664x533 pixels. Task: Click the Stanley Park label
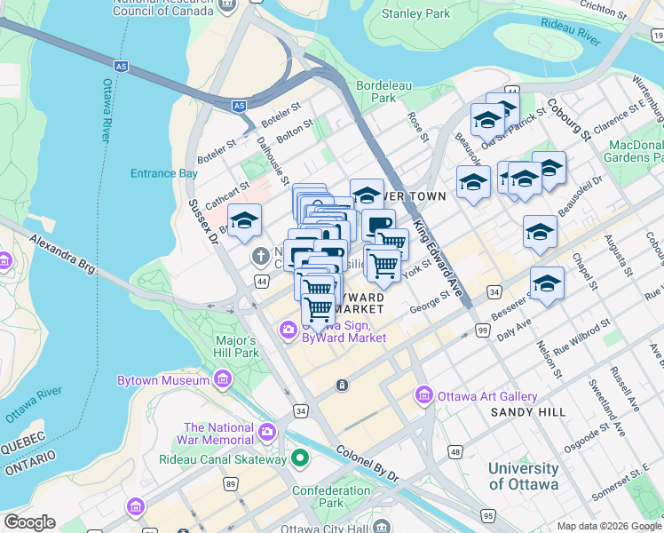point(415,14)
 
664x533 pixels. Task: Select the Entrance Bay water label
point(164,173)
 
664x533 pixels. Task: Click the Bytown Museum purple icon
point(222,380)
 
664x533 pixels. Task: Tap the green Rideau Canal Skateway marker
point(300,459)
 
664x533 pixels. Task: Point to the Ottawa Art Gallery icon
point(423,395)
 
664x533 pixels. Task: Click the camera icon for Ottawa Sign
point(288,331)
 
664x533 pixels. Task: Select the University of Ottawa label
point(523,476)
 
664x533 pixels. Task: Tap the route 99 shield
point(483,330)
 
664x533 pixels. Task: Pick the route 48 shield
point(455,452)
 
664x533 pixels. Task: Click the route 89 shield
point(231,483)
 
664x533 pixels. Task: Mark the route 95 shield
point(487,514)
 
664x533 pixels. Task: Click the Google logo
point(29,522)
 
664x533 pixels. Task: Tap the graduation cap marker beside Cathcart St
point(244,221)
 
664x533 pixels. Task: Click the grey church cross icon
point(260,258)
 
